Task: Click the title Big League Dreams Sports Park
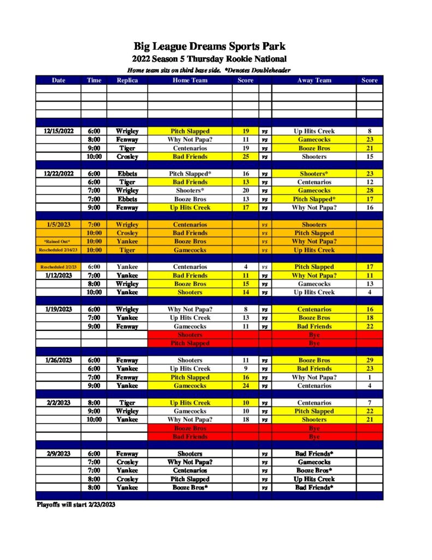click(209, 46)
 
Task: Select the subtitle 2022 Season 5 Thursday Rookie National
click(209, 59)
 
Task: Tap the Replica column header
click(127, 80)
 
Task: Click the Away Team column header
click(314, 80)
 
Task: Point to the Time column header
click(94, 80)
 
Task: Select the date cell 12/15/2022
click(58, 131)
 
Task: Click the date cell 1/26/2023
click(58, 360)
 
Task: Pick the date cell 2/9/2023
click(58, 454)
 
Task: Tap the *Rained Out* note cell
click(58, 242)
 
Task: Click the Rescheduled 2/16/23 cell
click(58, 250)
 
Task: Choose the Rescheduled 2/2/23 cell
click(58, 267)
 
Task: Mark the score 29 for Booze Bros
click(369, 360)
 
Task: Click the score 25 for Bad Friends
click(245, 156)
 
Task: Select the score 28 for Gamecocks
click(369, 190)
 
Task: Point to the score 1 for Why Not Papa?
click(369, 377)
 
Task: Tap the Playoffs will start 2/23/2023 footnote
click(76, 504)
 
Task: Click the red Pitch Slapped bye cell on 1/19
click(190, 343)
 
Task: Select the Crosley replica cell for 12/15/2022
click(127, 156)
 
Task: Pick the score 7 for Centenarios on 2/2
click(369, 403)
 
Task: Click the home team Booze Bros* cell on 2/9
click(190, 487)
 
